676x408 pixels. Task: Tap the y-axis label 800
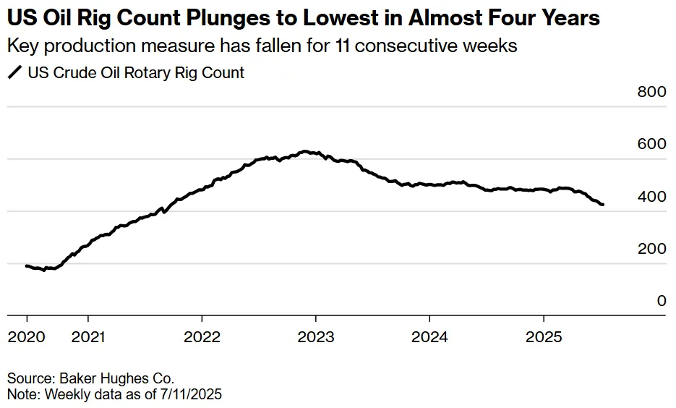[x=651, y=92]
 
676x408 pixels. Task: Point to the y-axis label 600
[x=651, y=144]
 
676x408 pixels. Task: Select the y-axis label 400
[x=651, y=196]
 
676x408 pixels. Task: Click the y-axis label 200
[x=651, y=248]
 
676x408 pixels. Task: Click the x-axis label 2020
[x=26, y=336]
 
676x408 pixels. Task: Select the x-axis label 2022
[x=202, y=336]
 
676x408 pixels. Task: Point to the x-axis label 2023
[x=316, y=336]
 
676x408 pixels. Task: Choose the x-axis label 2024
[x=429, y=336]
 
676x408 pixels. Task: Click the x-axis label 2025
[x=544, y=336]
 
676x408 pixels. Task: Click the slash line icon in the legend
[x=14, y=72]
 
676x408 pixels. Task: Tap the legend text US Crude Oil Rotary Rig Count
[x=136, y=72]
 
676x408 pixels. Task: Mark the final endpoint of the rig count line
[x=603, y=205]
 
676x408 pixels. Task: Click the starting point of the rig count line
[x=26, y=266]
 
